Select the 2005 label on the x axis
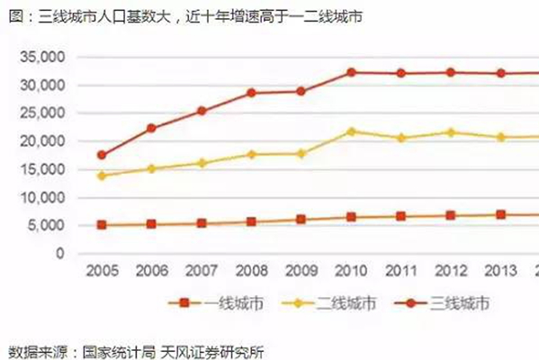pyautogui.click(x=102, y=271)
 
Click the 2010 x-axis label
pyautogui.click(x=351, y=271)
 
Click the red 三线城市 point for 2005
pyautogui.click(x=102, y=156)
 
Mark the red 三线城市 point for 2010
pyautogui.click(x=351, y=72)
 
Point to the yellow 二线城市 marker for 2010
pyautogui.click(x=351, y=131)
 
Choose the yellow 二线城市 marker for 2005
pyautogui.click(x=102, y=175)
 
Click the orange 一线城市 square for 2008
pyautogui.click(x=251, y=221)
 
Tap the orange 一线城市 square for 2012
pyautogui.click(x=451, y=215)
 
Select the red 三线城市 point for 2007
pyautogui.click(x=202, y=111)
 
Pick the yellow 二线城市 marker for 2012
pyautogui.click(x=451, y=132)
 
